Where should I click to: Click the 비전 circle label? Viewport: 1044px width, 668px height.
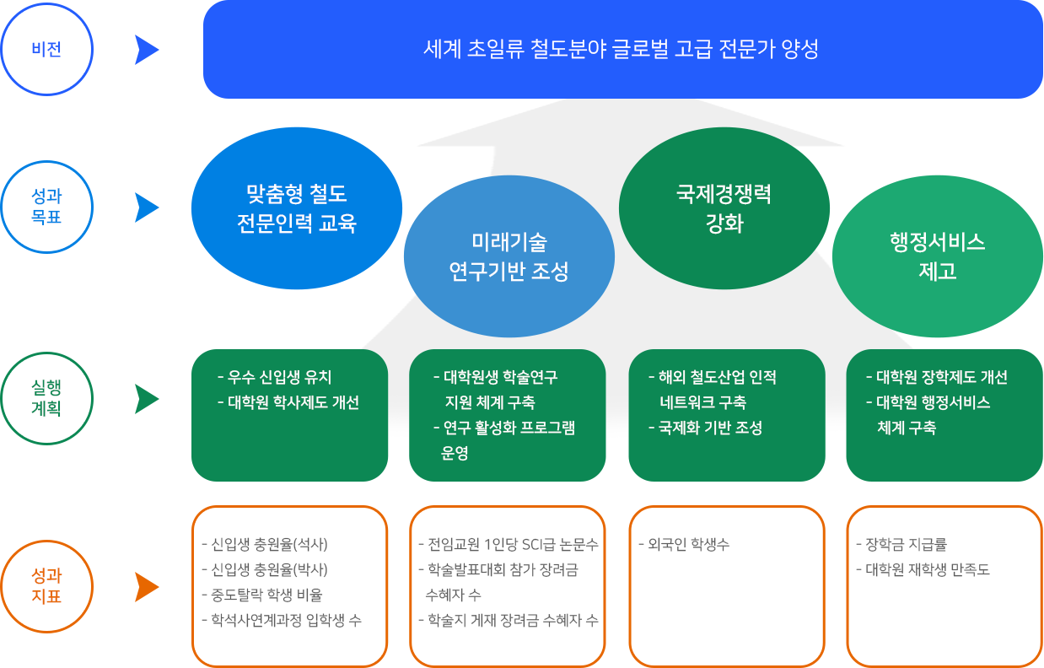[x=46, y=49]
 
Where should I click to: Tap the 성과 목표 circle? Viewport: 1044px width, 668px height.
[x=46, y=207]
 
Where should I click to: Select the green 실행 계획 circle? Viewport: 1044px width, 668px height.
[x=46, y=399]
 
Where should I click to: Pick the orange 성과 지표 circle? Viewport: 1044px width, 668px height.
[x=46, y=586]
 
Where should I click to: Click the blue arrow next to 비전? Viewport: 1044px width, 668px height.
[x=147, y=50]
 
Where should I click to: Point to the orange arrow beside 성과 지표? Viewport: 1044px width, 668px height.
[x=147, y=587]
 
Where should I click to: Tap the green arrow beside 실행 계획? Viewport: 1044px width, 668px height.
[x=147, y=399]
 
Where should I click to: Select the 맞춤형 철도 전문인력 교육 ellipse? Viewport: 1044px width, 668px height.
[x=297, y=208]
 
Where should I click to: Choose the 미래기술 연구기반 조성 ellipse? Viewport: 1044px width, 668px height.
[x=509, y=256]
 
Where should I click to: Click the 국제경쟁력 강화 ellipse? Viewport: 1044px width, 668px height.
[x=724, y=208]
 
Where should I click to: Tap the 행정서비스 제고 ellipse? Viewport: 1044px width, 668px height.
[x=937, y=256]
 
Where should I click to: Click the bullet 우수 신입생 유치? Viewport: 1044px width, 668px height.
[x=275, y=377]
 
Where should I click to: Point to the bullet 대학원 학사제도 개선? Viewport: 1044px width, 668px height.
[x=288, y=402]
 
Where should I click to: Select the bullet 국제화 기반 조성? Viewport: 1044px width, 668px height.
[x=705, y=428]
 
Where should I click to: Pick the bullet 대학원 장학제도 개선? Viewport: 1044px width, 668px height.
[x=937, y=377]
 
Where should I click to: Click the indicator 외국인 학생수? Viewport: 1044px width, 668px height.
[x=684, y=544]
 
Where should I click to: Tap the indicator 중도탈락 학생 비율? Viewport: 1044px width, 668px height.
[x=262, y=595]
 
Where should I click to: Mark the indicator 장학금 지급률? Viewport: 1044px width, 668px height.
[x=901, y=544]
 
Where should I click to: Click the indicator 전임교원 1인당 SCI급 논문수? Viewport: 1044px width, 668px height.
[x=508, y=544]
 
